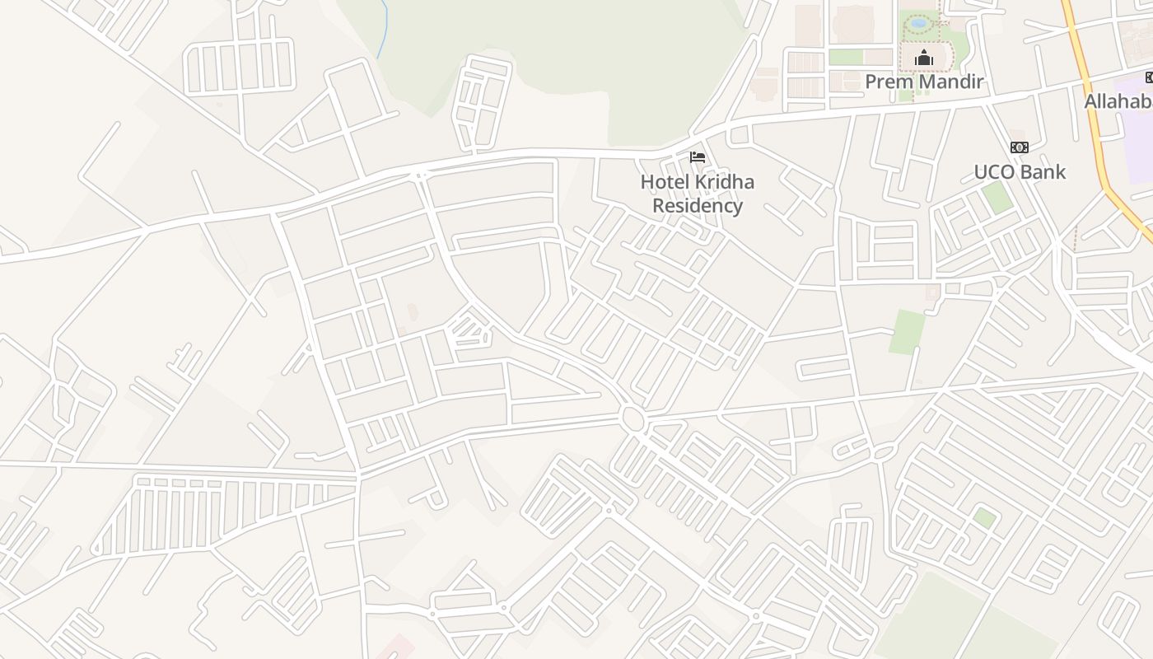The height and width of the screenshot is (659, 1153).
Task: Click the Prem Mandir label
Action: coord(924,82)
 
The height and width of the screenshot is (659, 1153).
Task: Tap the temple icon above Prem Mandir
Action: coord(924,58)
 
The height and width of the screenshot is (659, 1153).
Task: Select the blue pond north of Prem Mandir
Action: coord(918,24)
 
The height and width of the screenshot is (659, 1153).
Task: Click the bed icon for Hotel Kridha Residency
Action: coord(698,157)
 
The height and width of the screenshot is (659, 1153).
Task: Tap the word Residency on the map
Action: coord(698,206)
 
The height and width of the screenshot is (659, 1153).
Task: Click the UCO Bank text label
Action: coord(1020,172)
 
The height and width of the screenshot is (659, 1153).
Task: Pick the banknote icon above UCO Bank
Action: coord(1020,147)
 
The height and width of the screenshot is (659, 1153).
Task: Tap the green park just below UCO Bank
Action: coord(997,198)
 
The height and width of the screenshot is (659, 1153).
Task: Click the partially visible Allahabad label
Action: coord(1118,102)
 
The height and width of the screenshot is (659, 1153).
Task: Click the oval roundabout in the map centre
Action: coord(633,419)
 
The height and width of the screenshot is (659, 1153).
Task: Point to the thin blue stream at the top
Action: coord(383,29)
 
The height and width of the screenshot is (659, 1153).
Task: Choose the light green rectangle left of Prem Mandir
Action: coord(845,57)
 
